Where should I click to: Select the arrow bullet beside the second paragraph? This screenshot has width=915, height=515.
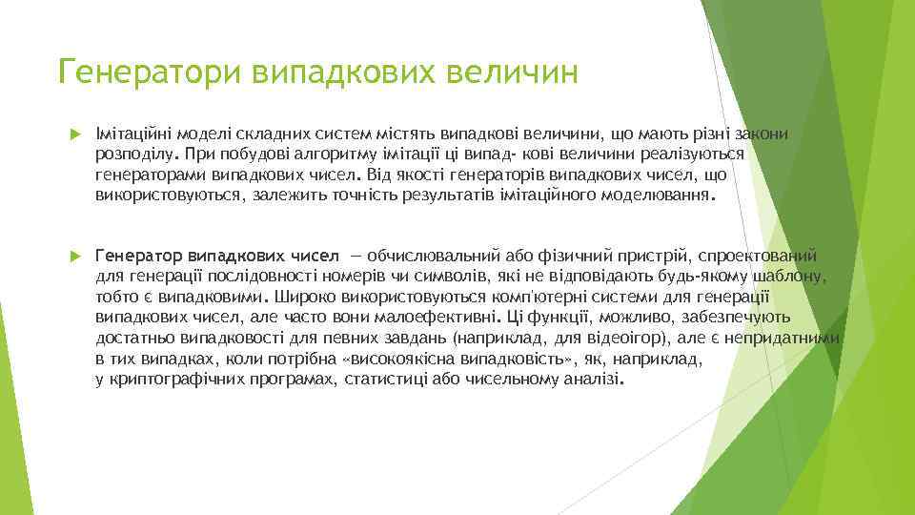(x=75, y=256)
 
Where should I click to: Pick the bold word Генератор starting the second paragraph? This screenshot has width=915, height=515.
(x=139, y=256)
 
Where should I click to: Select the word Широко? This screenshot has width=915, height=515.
(x=300, y=297)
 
